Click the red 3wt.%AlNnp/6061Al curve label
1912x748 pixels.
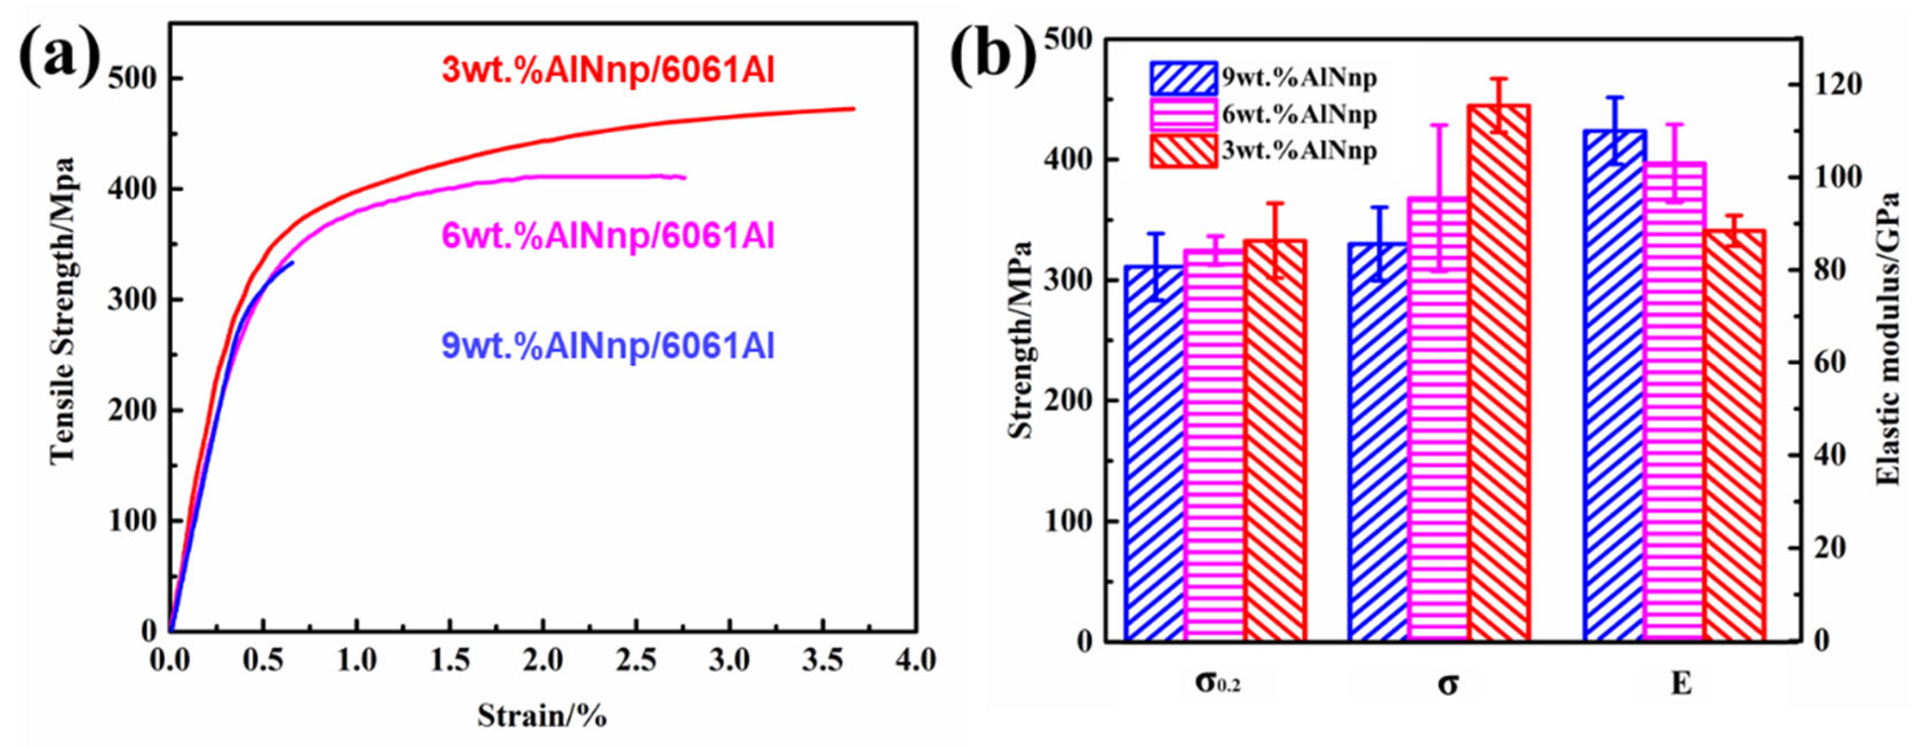[x=608, y=71]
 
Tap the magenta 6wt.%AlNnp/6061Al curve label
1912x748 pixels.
[x=608, y=236]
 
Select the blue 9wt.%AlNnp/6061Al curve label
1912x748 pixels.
[x=608, y=346]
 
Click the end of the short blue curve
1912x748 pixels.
[x=292, y=262]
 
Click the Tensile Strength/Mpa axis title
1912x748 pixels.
[x=63, y=312]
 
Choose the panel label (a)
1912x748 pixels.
[x=60, y=53]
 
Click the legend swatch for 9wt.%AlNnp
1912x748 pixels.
[x=1183, y=78]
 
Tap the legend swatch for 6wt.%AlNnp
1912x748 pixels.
[x=1183, y=114]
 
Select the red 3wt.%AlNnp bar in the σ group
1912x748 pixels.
[x=1499, y=371]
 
